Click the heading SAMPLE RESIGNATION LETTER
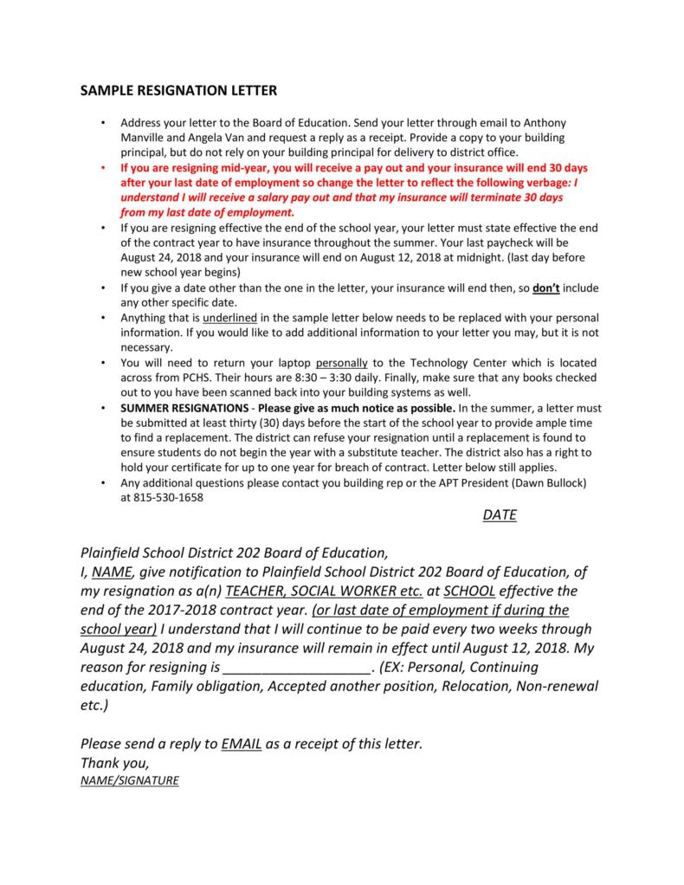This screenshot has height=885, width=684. pyautogui.click(x=178, y=90)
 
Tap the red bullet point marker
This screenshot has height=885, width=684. pyautogui.click(x=103, y=168)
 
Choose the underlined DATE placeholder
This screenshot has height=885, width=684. pyautogui.click(x=500, y=515)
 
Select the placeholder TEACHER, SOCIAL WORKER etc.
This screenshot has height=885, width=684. pyautogui.click(x=323, y=591)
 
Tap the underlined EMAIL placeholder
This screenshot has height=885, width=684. pyautogui.click(x=242, y=744)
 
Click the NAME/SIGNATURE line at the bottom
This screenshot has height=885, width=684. pyautogui.click(x=129, y=780)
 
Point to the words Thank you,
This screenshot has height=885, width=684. pyautogui.click(x=115, y=763)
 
